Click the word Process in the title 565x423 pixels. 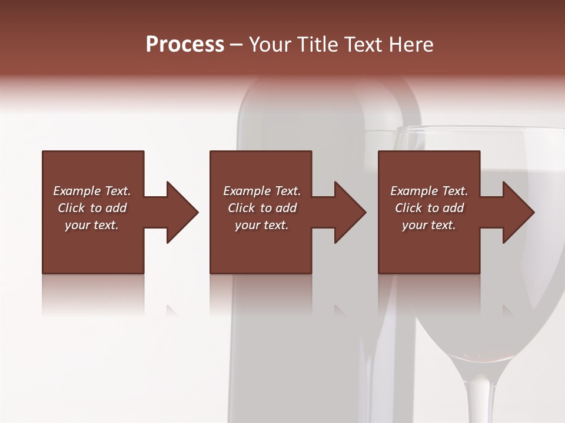tap(185, 45)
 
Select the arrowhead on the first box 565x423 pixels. tap(180, 212)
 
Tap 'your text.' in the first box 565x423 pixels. tap(92, 225)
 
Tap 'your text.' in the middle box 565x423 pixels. tap(262, 225)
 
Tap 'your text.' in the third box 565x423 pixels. tap(429, 225)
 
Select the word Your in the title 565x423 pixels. tap(271, 45)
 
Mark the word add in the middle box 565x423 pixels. tap(285, 208)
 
